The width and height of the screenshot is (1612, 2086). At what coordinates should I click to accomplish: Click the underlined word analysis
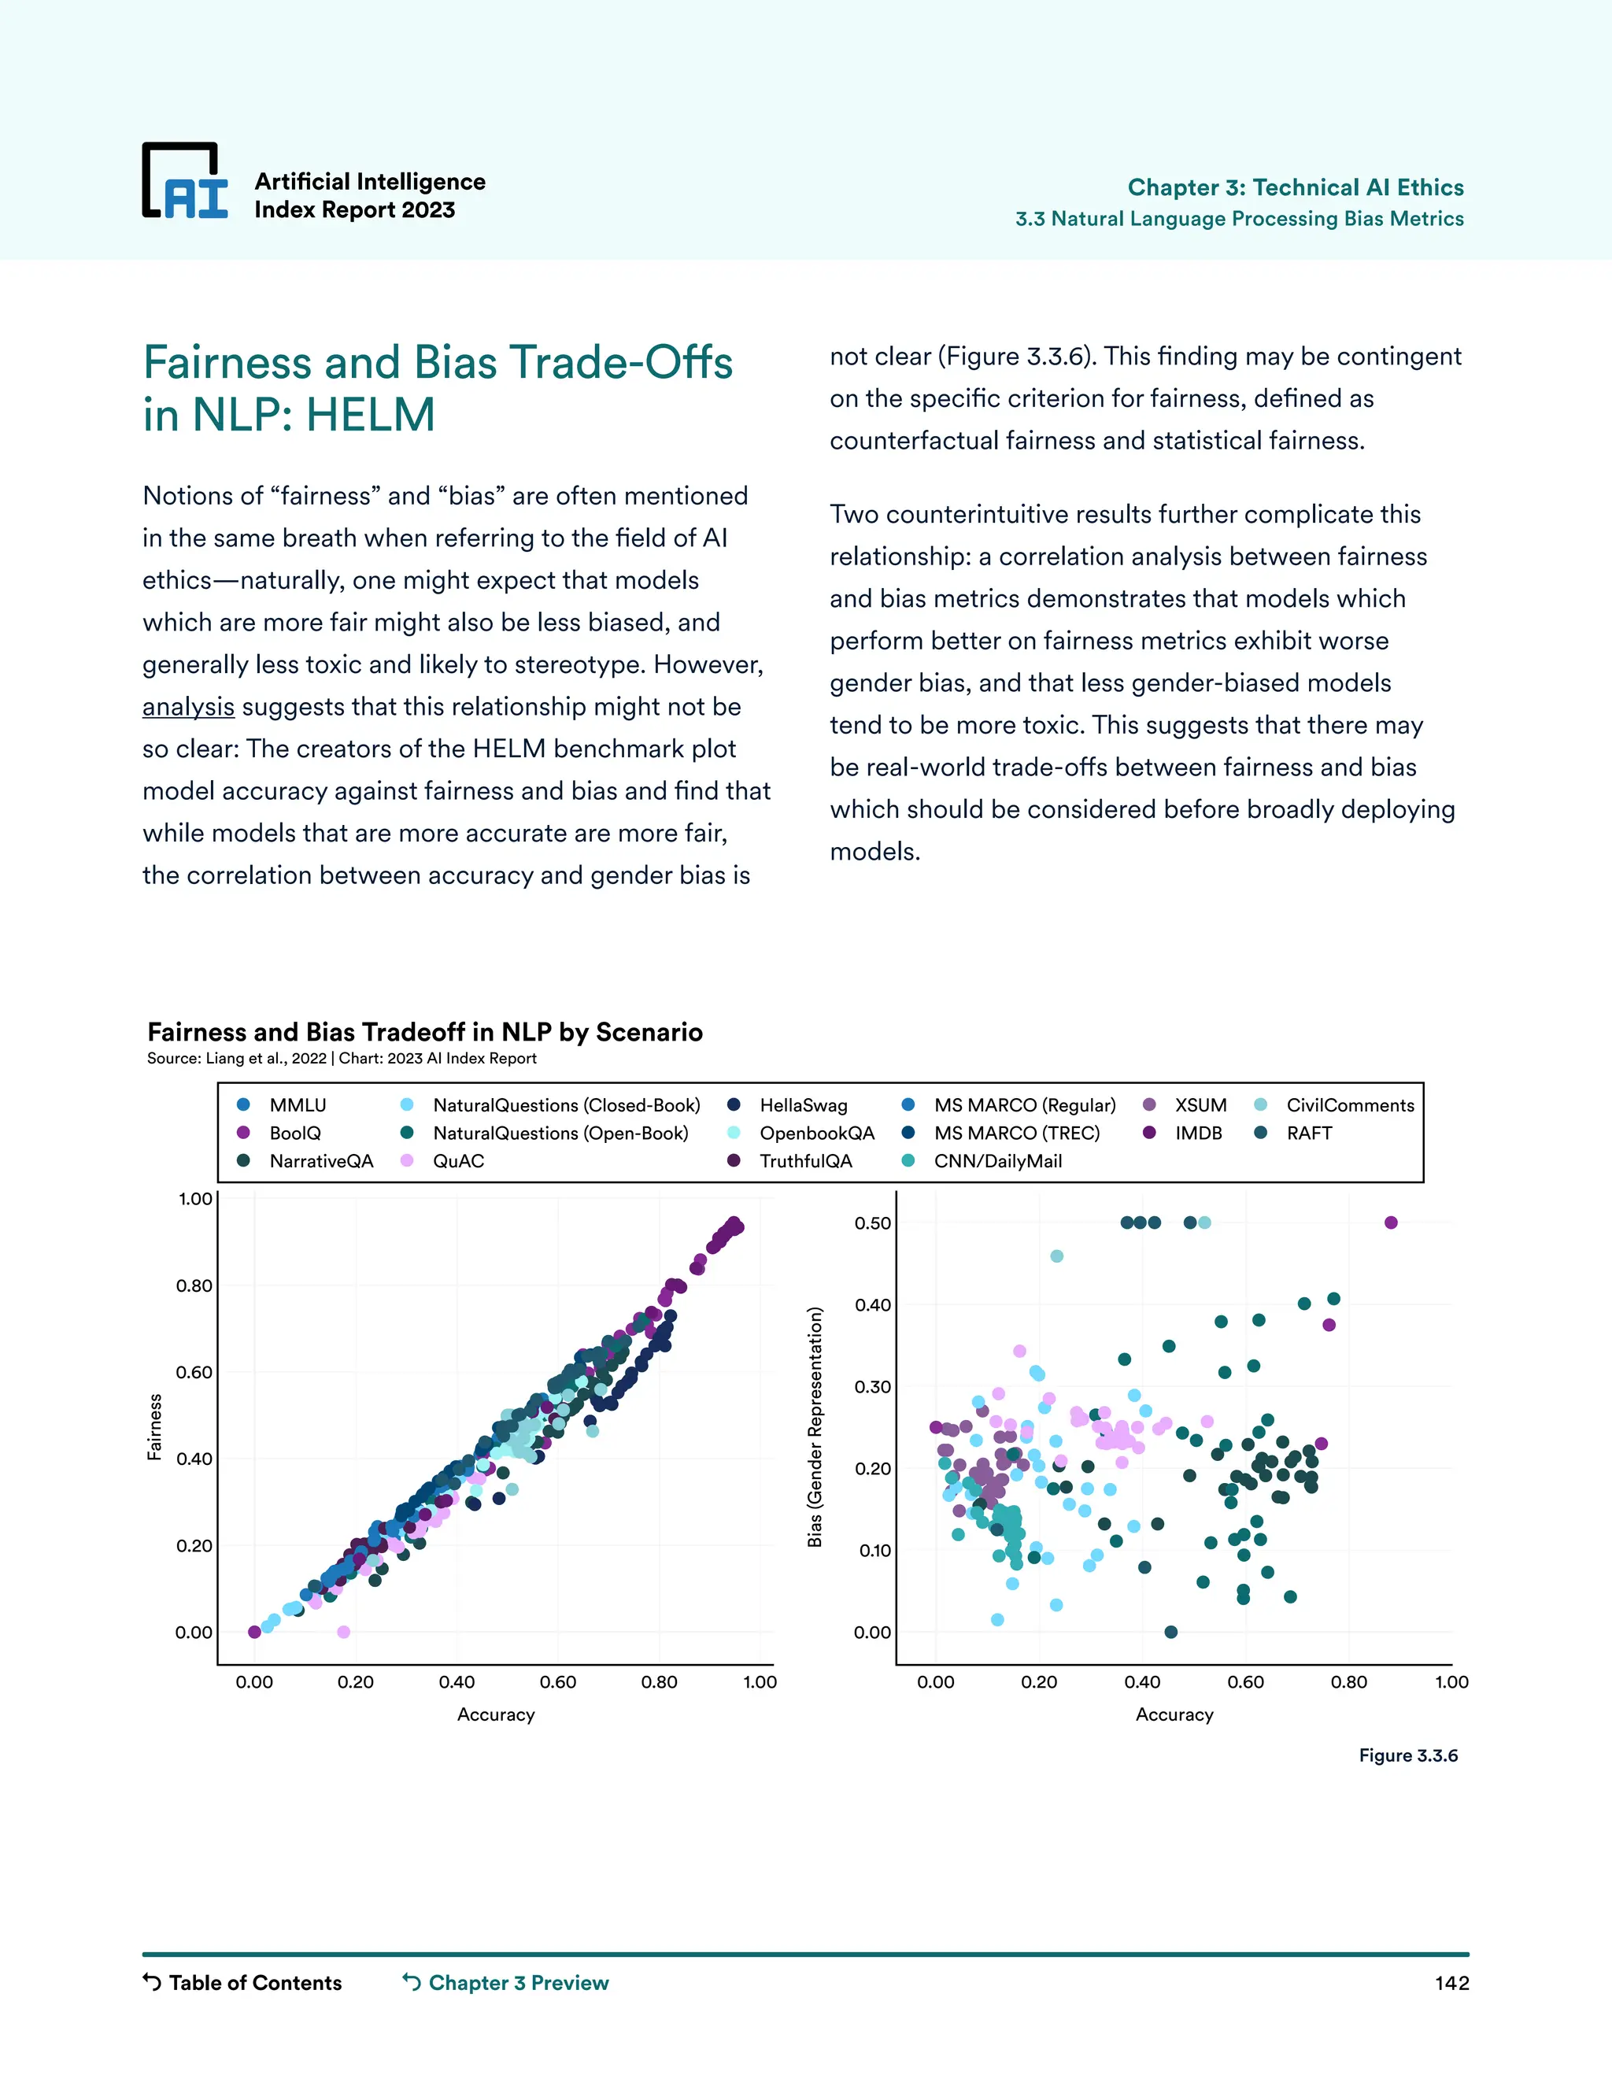tap(188, 707)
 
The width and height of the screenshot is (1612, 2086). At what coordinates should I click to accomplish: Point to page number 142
tap(1451, 1983)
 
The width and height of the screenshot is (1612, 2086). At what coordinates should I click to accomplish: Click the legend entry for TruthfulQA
tap(805, 1160)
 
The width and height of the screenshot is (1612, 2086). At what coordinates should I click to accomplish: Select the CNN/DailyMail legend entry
tap(997, 1160)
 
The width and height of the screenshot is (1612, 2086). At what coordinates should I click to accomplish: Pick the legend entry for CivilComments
tap(1349, 1105)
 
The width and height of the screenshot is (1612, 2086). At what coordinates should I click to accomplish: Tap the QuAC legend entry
tap(457, 1160)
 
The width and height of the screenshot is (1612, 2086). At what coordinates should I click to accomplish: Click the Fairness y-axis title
tap(153, 1427)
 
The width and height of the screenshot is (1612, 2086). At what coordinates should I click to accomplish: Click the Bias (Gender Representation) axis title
tap(815, 1427)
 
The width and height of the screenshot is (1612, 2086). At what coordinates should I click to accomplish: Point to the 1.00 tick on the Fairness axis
tap(195, 1199)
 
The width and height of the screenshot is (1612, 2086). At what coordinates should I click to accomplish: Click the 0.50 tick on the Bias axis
tap(873, 1223)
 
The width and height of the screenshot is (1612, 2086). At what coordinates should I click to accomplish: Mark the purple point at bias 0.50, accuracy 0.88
tap(1391, 1222)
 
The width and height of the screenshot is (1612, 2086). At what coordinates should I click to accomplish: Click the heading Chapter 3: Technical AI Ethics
tap(1295, 187)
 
